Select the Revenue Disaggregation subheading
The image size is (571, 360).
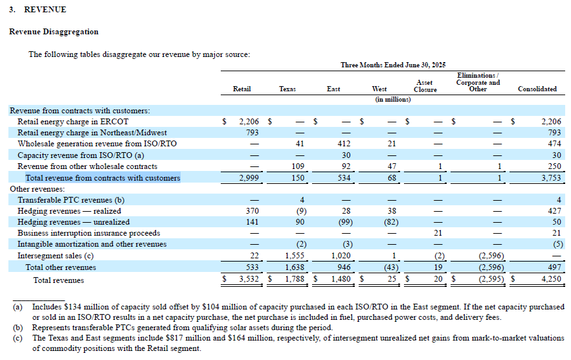[54, 32]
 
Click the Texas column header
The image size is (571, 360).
[287, 89]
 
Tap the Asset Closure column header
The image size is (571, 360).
[425, 85]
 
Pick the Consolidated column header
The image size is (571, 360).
[537, 89]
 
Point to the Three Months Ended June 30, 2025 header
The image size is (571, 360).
[393, 65]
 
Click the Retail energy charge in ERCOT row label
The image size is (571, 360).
[73, 121]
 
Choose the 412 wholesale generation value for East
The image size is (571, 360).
[342, 143]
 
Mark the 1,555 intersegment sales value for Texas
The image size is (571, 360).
[295, 256]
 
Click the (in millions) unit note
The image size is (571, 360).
[393, 100]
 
